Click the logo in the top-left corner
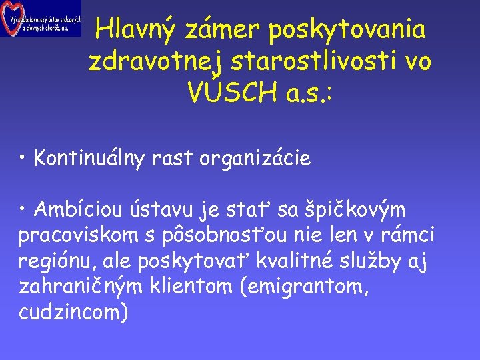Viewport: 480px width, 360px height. click(x=40, y=18)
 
